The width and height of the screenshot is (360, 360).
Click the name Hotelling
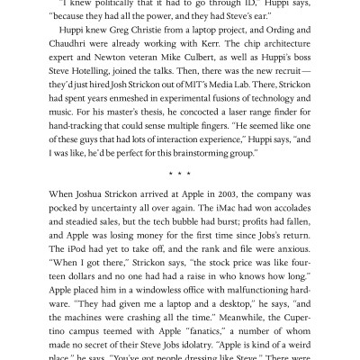[x=96, y=88]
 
